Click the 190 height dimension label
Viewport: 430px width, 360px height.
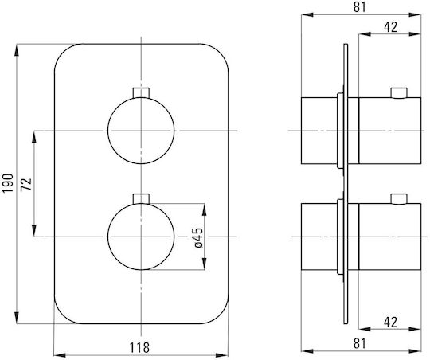[x=8, y=183]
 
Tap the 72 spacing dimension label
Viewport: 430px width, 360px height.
[x=26, y=184]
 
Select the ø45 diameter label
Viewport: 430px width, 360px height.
[x=198, y=237]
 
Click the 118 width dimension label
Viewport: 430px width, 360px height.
[x=139, y=347]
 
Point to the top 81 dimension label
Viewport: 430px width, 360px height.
[x=360, y=7]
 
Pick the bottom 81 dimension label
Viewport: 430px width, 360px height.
[x=360, y=343]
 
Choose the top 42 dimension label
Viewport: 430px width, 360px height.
[x=390, y=27]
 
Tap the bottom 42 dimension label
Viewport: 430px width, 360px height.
[x=390, y=322]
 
